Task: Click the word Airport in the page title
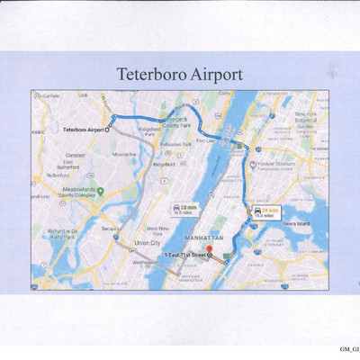click(211, 73)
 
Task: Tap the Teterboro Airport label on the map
click(84, 130)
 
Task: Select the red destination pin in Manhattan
click(209, 248)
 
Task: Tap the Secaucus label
click(112, 228)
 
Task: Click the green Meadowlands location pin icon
click(100, 190)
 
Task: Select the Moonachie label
click(123, 153)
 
